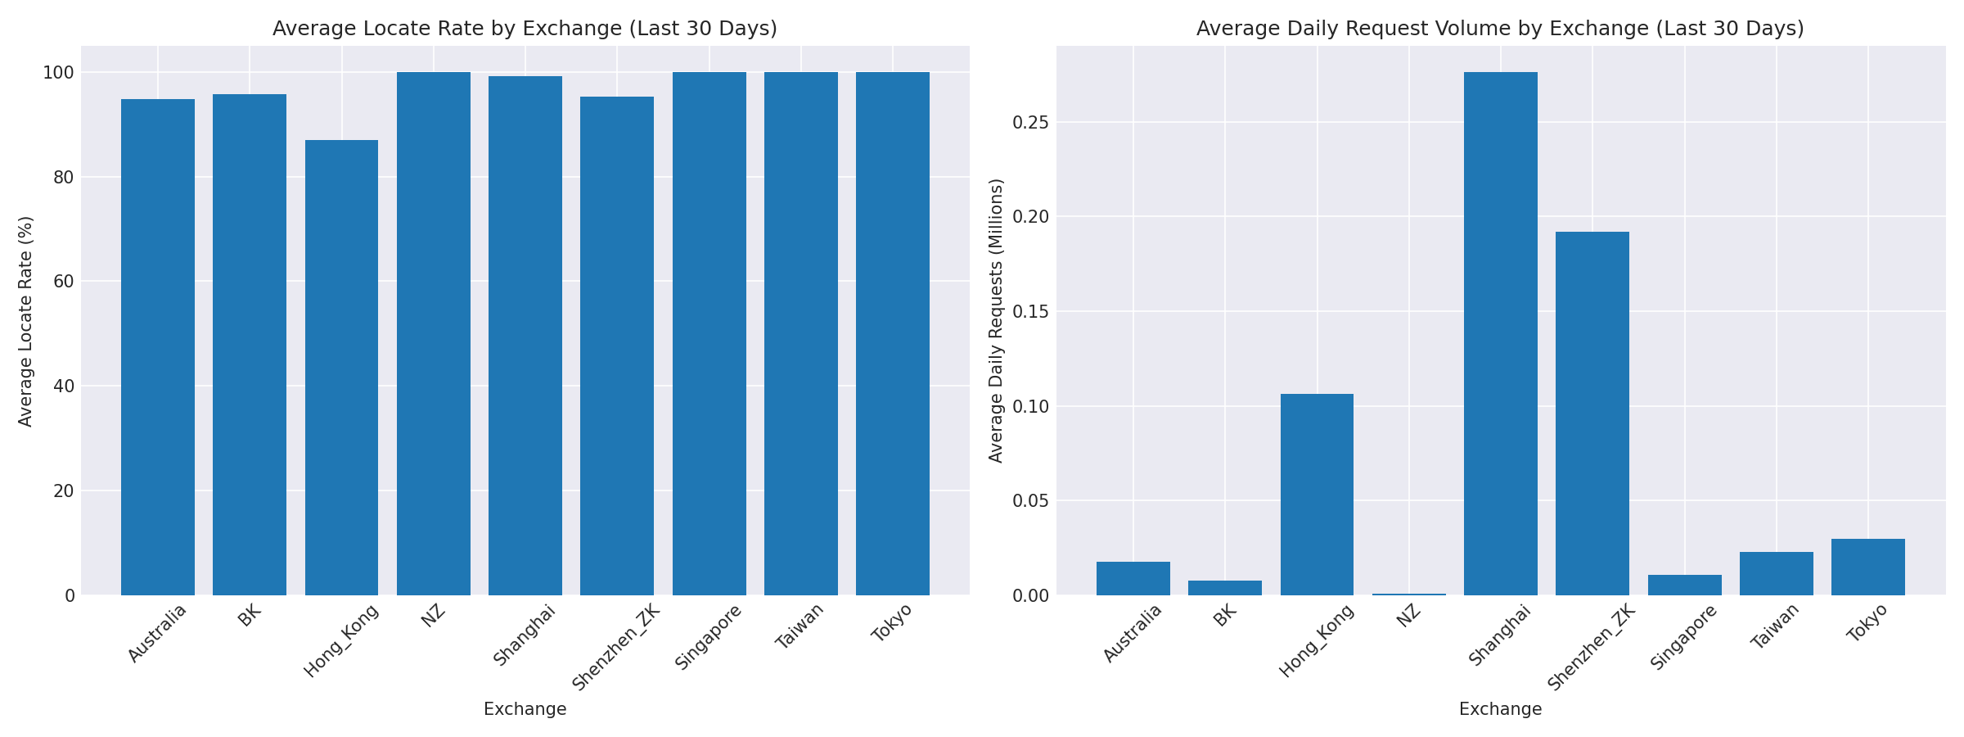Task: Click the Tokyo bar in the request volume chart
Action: tap(1867, 567)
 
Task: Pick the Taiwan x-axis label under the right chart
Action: tap(1775, 626)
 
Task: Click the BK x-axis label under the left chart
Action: tap(250, 617)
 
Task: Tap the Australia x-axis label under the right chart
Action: tap(1133, 633)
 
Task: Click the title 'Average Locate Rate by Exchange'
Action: tap(525, 29)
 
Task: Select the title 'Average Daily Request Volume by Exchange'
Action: tap(1500, 29)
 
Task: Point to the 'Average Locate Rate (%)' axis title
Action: tap(26, 321)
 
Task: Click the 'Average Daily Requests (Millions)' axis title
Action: tap(996, 321)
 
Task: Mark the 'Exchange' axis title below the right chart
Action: tap(1500, 710)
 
